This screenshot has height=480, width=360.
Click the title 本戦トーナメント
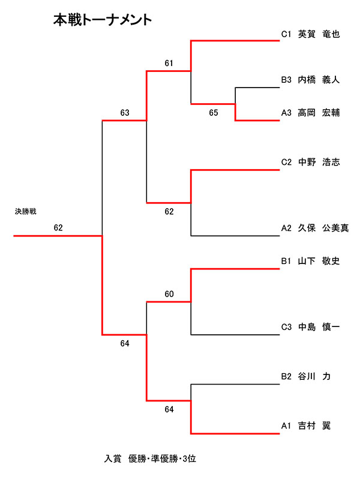103,20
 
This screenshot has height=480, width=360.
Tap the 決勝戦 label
26,212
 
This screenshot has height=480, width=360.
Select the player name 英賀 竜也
319,34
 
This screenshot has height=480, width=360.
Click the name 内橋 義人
319,79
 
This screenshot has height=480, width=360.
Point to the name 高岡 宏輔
319,112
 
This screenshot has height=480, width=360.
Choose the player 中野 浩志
319,161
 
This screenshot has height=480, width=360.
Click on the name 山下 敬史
319,260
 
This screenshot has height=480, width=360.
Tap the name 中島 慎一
319,326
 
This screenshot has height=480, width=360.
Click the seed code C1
286,34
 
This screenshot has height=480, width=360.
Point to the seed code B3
286,79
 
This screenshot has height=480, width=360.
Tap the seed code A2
286,227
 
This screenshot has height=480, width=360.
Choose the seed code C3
286,326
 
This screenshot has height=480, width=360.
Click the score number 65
214,112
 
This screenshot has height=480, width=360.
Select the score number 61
169,63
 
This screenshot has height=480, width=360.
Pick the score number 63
125,112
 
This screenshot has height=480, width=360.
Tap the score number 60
169,294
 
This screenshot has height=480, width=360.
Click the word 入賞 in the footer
113,458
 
